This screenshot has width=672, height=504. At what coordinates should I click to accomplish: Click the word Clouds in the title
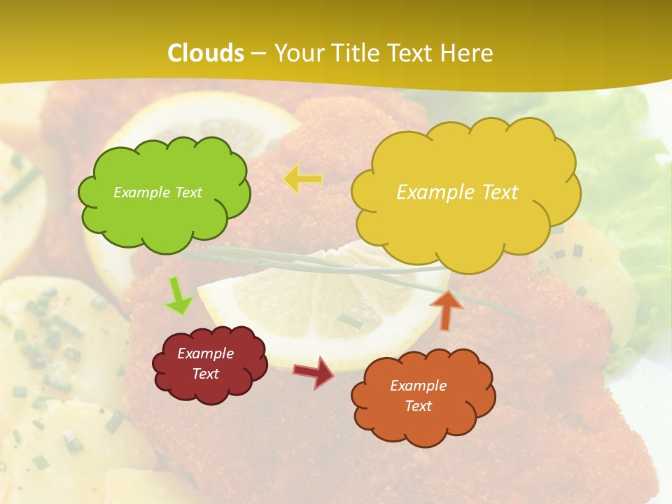pyautogui.click(x=206, y=53)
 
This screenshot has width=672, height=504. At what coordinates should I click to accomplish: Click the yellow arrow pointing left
pyautogui.click(x=302, y=179)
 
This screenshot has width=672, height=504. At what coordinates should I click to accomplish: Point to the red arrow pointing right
pyautogui.click(x=314, y=372)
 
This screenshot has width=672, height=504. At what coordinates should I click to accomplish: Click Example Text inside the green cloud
pyautogui.click(x=157, y=192)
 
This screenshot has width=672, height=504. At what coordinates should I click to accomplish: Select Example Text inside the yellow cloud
pyautogui.click(x=457, y=192)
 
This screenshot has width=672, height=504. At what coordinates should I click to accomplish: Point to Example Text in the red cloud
pyautogui.click(x=206, y=363)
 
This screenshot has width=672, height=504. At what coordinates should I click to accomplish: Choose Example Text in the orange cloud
pyautogui.click(x=418, y=395)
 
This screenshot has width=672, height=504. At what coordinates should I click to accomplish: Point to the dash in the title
pyautogui.click(x=258, y=53)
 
